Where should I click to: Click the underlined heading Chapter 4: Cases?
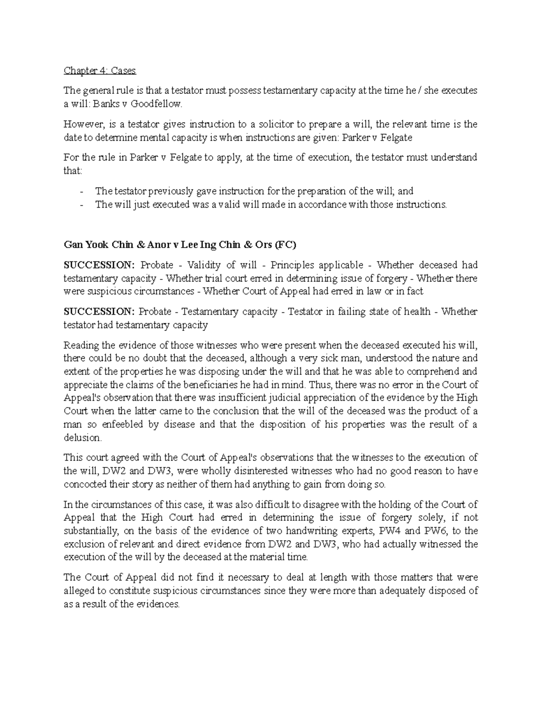(100, 71)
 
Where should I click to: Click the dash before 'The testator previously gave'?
(81, 191)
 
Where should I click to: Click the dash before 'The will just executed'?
(81, 204)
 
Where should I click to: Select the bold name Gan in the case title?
(74, 245)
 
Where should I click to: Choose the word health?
(415, 312)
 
